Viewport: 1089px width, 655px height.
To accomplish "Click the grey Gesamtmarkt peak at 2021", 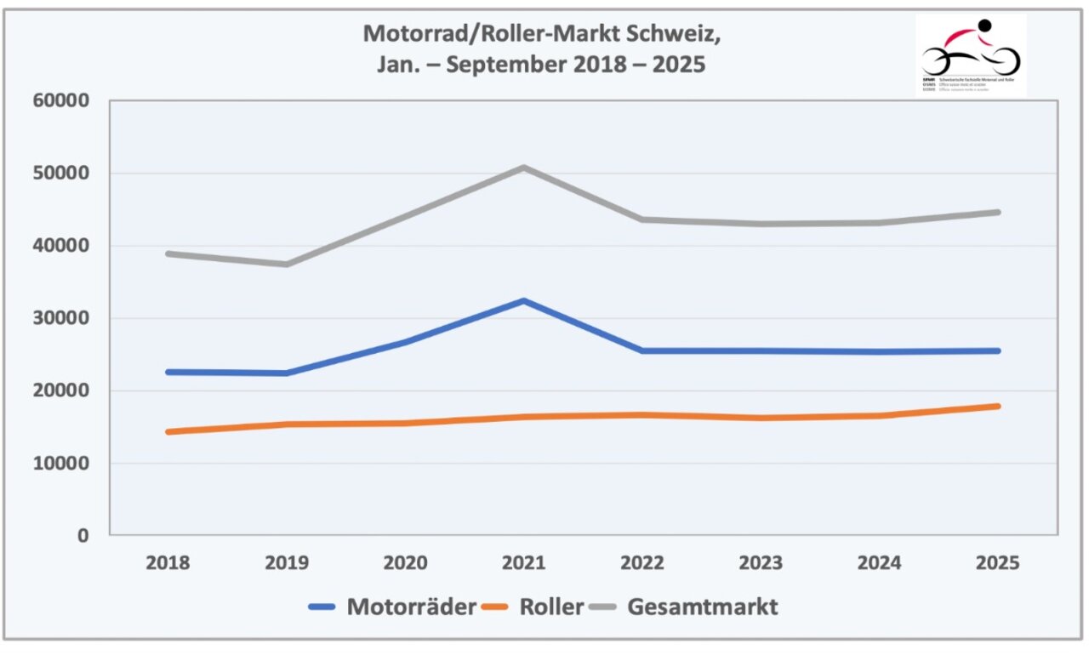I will tap(525, 168).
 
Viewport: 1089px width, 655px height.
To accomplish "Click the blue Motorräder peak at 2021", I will tap(525, 300).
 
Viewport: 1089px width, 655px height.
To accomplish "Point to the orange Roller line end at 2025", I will tap(998, 406).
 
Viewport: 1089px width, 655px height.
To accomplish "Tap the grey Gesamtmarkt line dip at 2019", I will tap(287, 264).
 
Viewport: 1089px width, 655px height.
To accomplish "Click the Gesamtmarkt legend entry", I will tap(684, 607).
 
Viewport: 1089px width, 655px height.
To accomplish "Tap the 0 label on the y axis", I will tap(83, 536).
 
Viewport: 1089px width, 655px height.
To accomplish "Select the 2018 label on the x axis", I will tap(168, 563).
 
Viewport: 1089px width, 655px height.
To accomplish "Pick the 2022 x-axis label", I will tap(643, 563).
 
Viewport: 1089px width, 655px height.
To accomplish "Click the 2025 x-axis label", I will tap(998, 563).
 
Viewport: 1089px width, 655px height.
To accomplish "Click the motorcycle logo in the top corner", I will tap(971, 54).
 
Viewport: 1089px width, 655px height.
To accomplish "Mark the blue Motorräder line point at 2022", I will tap(643, 350).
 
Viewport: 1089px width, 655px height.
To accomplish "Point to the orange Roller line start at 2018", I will tap(168, 432).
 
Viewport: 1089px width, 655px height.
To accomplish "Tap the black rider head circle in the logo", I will tap(984, 25).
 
